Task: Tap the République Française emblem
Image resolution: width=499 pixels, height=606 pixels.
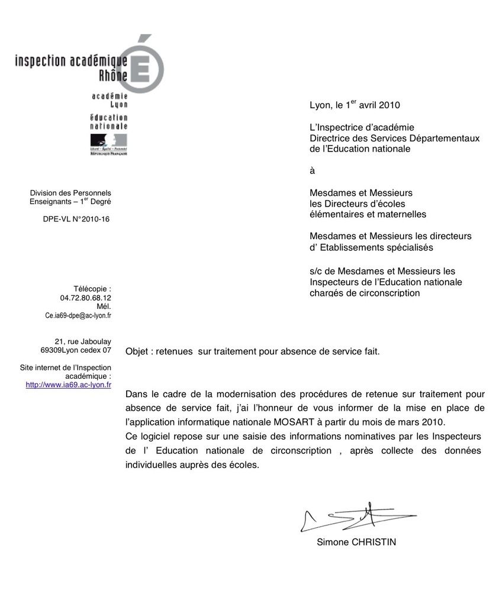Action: (x=108, y=144)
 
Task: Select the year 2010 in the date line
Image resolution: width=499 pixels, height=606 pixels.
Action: (x=390, y=105)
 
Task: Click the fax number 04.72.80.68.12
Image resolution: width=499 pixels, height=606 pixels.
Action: (x=86, y=298)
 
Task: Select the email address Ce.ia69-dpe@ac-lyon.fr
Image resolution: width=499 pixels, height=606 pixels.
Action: (x=78, y=315)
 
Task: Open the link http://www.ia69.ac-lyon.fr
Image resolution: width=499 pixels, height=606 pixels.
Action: (x=69, y=385)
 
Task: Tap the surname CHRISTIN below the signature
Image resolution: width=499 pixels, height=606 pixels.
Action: (x=374, y=542)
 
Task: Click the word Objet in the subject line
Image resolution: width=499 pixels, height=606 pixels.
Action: (x=137, y=351)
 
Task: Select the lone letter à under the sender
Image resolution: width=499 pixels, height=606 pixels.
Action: (x=313, y=171)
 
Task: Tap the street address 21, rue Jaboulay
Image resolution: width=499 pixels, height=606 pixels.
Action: (x=83, y=341)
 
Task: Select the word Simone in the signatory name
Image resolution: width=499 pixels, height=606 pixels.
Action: (x=333, y=542)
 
